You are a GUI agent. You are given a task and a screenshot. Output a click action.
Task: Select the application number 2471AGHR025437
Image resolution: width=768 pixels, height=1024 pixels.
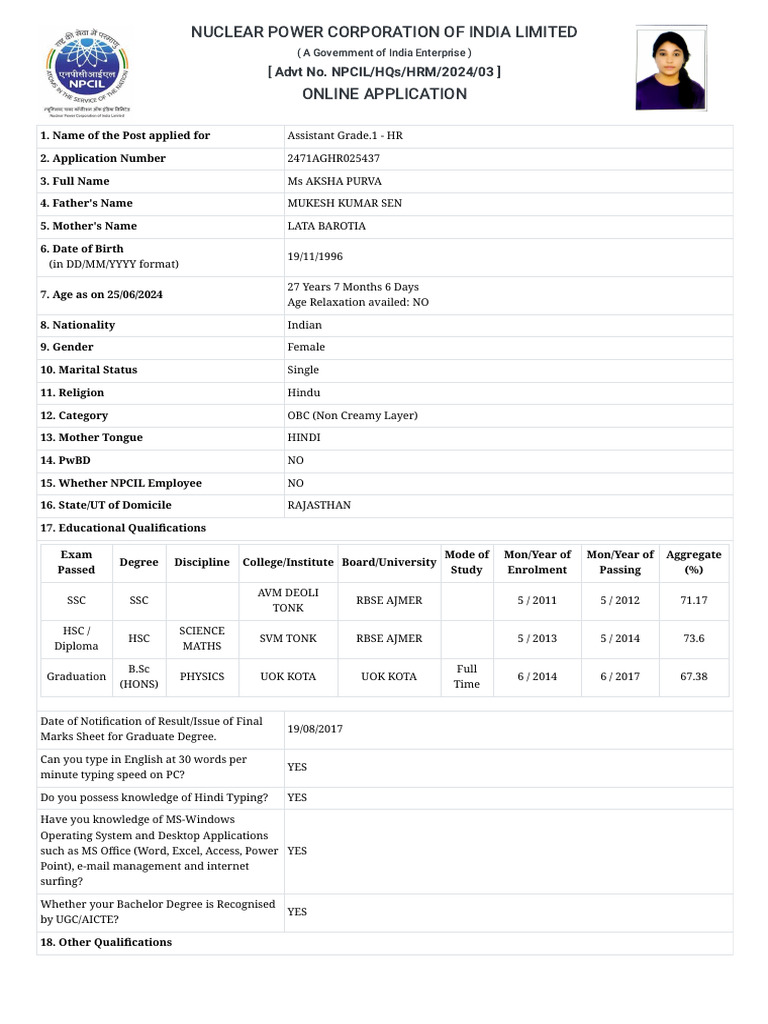(333, 158)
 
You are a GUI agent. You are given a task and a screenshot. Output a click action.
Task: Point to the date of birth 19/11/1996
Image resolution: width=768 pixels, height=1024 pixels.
(315, 256)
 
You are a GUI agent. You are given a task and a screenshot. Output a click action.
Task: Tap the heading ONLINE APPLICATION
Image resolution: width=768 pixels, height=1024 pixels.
(384, 94)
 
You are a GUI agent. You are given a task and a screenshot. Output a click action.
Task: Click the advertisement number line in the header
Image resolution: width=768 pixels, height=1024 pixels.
(384, 72)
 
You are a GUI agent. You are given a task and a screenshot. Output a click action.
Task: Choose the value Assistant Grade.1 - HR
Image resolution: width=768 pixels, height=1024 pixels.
(345, 135)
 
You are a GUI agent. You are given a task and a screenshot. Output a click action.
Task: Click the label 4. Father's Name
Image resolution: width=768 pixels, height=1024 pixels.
(86, 203)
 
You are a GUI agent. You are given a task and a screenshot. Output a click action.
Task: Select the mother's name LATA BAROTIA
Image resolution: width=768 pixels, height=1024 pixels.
(326, 226)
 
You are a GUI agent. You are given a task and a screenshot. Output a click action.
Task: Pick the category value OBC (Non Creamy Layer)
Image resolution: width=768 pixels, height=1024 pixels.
(352, 415)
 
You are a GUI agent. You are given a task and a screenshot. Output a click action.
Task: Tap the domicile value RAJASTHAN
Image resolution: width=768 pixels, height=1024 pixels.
(319, 505)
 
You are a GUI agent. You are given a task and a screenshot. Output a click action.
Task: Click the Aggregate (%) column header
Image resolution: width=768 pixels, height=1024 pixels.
(693, 562)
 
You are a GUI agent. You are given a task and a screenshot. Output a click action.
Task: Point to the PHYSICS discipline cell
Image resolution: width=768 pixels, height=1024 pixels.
(202, 677)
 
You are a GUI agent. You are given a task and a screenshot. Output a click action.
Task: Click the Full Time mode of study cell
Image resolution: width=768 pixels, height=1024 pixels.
(466, 677)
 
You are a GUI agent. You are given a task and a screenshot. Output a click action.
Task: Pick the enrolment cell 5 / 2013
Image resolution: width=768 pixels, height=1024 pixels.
(537, 638)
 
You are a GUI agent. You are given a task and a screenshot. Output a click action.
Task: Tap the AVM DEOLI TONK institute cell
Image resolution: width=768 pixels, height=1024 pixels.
(288, 600)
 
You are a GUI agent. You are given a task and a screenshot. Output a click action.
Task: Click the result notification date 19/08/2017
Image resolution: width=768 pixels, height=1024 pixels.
(315, 729)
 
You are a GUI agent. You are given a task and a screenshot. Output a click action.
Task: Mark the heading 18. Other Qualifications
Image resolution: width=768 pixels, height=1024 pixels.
(106, 942)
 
